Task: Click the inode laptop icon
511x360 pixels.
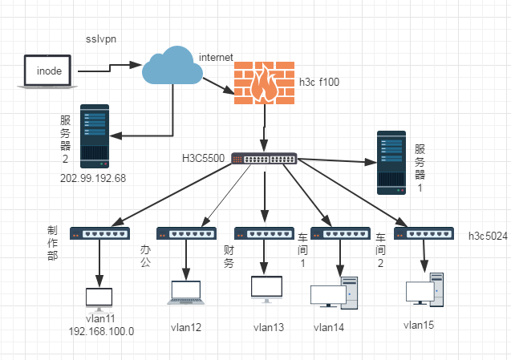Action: click(x=48, y=71)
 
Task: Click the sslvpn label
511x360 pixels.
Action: click(x=102, y=38)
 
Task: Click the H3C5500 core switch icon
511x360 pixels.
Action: click(x=264, y=158)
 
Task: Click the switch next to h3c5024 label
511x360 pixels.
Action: click(x=424, y=234)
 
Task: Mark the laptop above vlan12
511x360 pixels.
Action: click(x=186, y=293)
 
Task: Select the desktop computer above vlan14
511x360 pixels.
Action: click(x=333, y=293)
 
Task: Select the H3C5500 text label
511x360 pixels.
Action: click(x=202, y=158)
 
